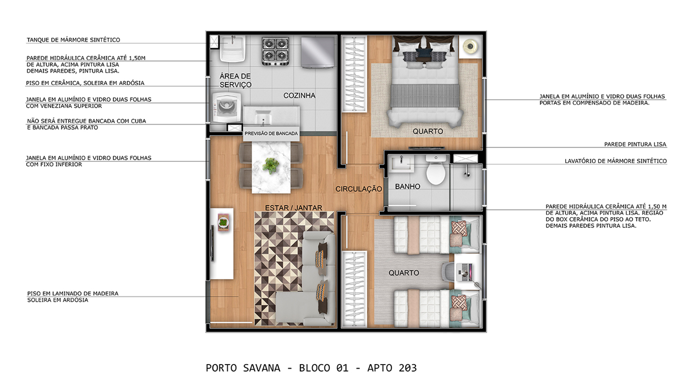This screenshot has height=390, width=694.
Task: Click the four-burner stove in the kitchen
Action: pos(275,51)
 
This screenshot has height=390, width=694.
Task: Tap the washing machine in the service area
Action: pos(227,107)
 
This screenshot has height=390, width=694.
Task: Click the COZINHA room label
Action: pos(299,96)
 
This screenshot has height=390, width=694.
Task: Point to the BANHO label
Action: pos(407,187)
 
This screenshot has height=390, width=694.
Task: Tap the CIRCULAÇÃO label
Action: pos(359,189)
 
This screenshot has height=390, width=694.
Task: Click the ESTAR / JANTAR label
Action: pos(293,208)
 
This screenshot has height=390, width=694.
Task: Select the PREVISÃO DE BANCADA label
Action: pos(271,134)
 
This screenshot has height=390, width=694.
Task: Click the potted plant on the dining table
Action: pos(271,166)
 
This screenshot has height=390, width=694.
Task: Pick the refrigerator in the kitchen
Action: pos(318,52)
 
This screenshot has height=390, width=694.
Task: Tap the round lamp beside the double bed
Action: pos(470,46)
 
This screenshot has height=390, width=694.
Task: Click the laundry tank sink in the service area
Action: pos(233,48)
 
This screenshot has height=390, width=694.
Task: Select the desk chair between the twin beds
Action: pos(448,272)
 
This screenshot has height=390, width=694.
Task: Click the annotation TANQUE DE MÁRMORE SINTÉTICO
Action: pos(73,40)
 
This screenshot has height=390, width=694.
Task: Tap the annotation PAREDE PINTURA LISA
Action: pos(635,144)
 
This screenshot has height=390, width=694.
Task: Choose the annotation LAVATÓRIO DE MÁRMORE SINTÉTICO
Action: pos(616,161)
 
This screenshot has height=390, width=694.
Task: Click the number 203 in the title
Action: pos(408,368)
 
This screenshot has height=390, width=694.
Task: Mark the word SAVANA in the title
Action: pos(262,368)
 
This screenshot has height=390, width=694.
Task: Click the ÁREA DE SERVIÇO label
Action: pos(235,80)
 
